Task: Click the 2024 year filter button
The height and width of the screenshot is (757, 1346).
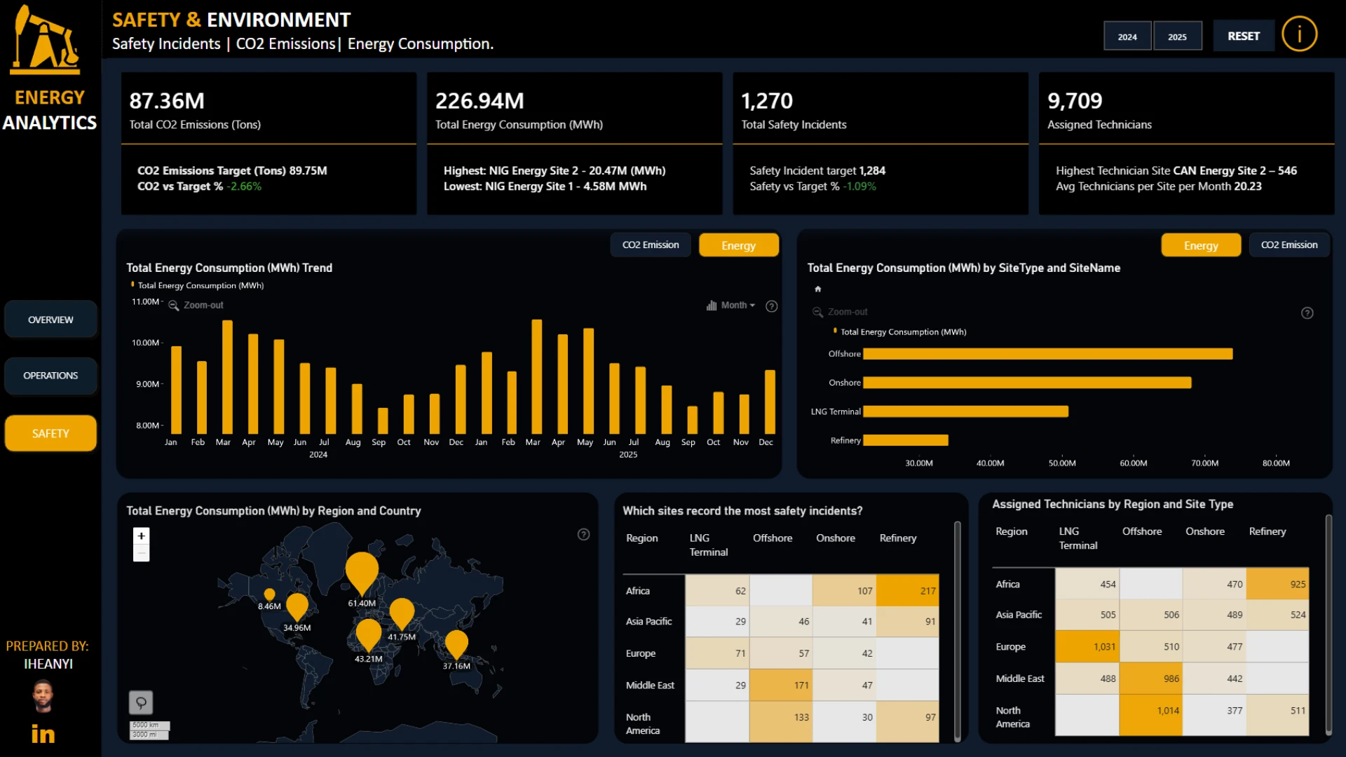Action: pos(1127,36)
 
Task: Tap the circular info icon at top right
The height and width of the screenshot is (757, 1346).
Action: pos(1299,34)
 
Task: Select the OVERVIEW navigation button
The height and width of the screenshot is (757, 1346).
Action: pos(50,320)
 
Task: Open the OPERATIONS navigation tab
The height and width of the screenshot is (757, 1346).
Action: pos(50,376)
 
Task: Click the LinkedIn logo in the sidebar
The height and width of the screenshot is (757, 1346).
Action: pos(43,734)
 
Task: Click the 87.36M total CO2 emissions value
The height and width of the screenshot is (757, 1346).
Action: pos(167,101)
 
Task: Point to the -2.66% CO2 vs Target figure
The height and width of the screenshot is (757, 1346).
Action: pos(244,186)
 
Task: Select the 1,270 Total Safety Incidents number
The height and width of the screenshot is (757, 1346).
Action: pos(767,101)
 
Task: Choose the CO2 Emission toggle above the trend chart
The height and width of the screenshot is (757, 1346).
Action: pos(651,245)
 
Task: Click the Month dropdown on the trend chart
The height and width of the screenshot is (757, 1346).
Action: pos(731,306)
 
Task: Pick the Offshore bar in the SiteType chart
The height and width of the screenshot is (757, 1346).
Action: pos(1048,354)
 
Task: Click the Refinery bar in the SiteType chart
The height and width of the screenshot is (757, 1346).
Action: pos(906,440)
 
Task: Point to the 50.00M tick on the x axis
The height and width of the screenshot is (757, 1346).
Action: pos(1061,463)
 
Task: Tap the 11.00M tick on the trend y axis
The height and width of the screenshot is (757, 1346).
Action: pos(145,302)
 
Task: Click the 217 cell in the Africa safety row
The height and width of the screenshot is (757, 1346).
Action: pos(907,591)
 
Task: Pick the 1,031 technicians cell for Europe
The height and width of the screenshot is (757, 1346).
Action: pos(1087,646)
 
